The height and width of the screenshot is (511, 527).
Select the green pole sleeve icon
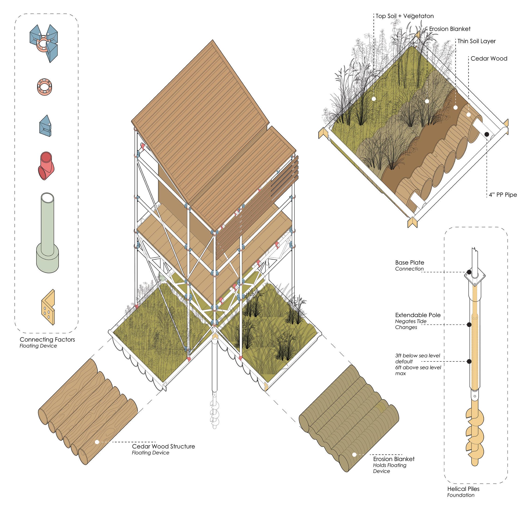click(47, 232)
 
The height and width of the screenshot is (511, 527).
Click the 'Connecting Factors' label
click(47, 339)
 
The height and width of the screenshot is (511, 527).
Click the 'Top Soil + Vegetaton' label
click(404, 16)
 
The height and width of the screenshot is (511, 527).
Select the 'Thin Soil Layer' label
click(477, 41)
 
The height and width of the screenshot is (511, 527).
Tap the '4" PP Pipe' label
click(502, 195)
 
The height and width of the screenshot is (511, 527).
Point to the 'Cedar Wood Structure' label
click(163, 446)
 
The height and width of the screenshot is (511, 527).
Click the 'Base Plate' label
click(410, 262)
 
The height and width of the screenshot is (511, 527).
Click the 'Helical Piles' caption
click(463, 489)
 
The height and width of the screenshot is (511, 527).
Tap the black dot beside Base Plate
click(469, 272)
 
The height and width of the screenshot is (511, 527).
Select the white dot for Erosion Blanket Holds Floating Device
click(354, 455)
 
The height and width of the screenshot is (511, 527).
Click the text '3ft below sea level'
click(417, 356)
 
